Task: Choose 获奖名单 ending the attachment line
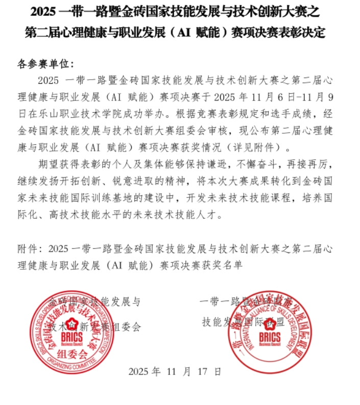(x=213, y=265)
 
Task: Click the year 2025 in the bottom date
(x=139, y=371)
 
